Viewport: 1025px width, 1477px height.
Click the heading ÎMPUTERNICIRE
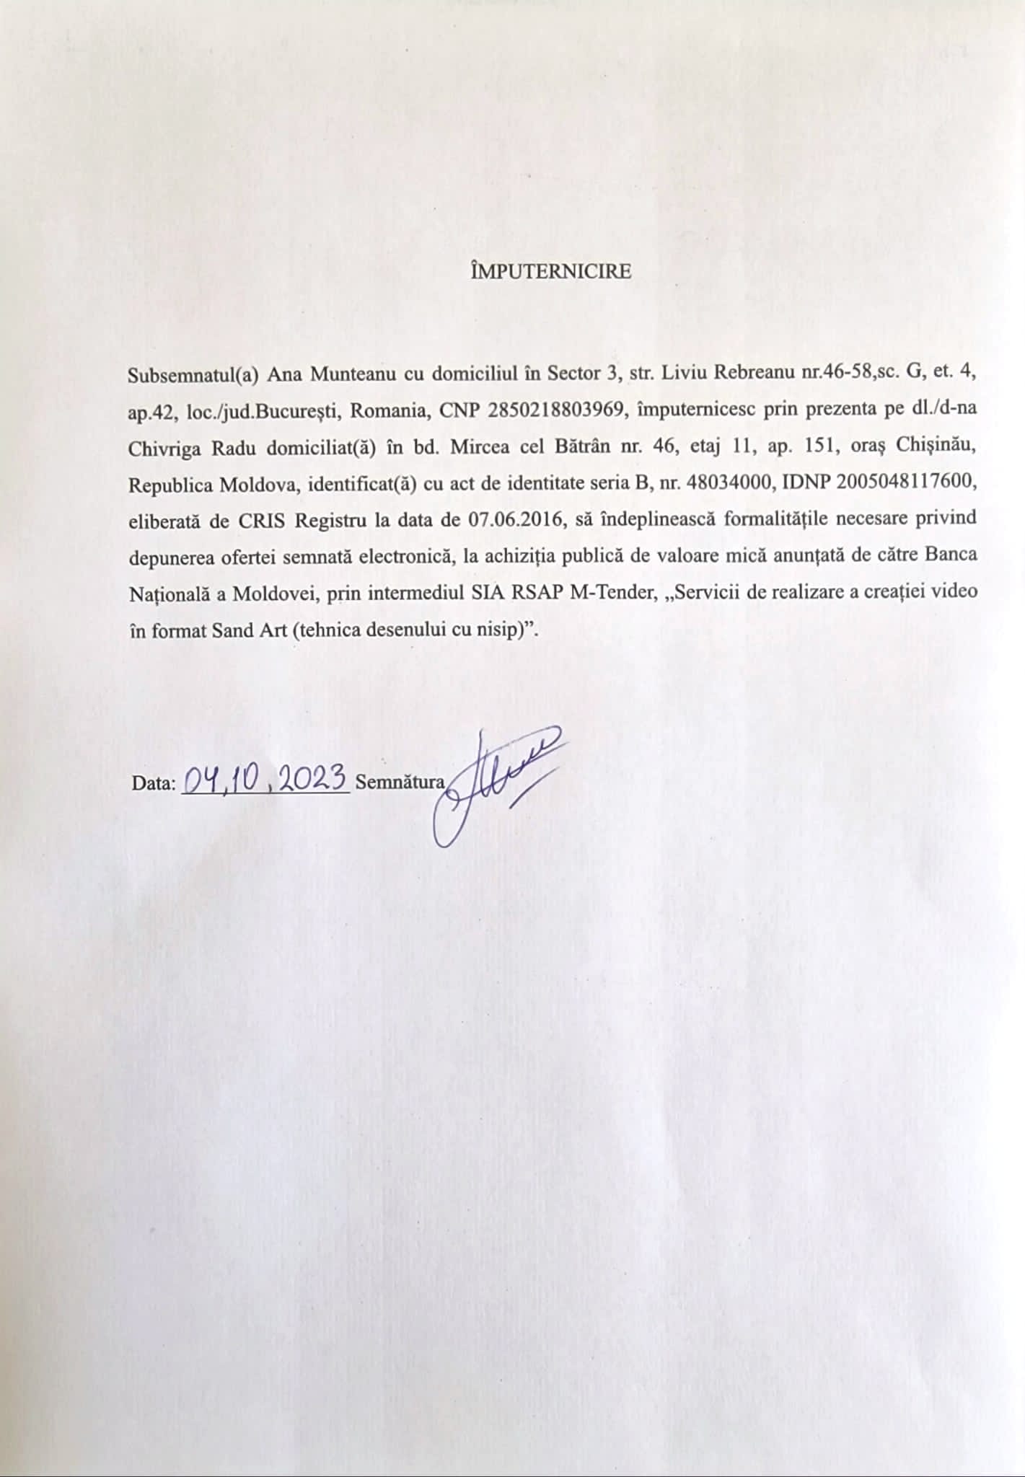coord(550,272)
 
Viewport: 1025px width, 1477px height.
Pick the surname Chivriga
coord(166,448)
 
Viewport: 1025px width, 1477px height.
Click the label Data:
coord(154,783)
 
